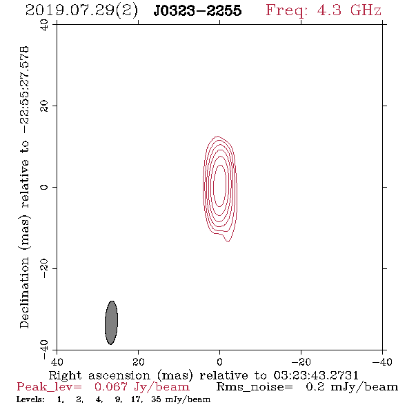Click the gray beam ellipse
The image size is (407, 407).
(x=111, y=323)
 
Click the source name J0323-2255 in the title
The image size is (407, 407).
(x=197, y=10)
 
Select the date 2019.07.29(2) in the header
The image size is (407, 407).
(x=81, y=11)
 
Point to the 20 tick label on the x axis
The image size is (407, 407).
(x=139, y=361)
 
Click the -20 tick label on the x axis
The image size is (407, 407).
(x=301, y=361)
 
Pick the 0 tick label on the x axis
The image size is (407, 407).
(x=219, y=361)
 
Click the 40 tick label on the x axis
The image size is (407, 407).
(x=57, y=361)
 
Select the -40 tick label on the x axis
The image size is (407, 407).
(x=382, y=361)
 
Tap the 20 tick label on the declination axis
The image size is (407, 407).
(x=44, y=106)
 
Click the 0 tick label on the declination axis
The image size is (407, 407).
(x=44, y=187)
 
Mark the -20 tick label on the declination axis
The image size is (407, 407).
(x=44, y=268)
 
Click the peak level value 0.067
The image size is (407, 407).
(x=111, y=387)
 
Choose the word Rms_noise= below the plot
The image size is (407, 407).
(x=255, y=387)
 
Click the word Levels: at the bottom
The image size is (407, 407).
(x=30, y=399)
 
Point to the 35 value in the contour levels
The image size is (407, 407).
(x=156, y=399)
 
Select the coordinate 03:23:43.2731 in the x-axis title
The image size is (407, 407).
(x=316, y=375)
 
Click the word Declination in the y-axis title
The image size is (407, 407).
(x=24, y=293)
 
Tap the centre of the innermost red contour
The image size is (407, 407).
(x=220, y=186)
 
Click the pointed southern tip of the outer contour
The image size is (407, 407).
(x=228, y=241)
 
